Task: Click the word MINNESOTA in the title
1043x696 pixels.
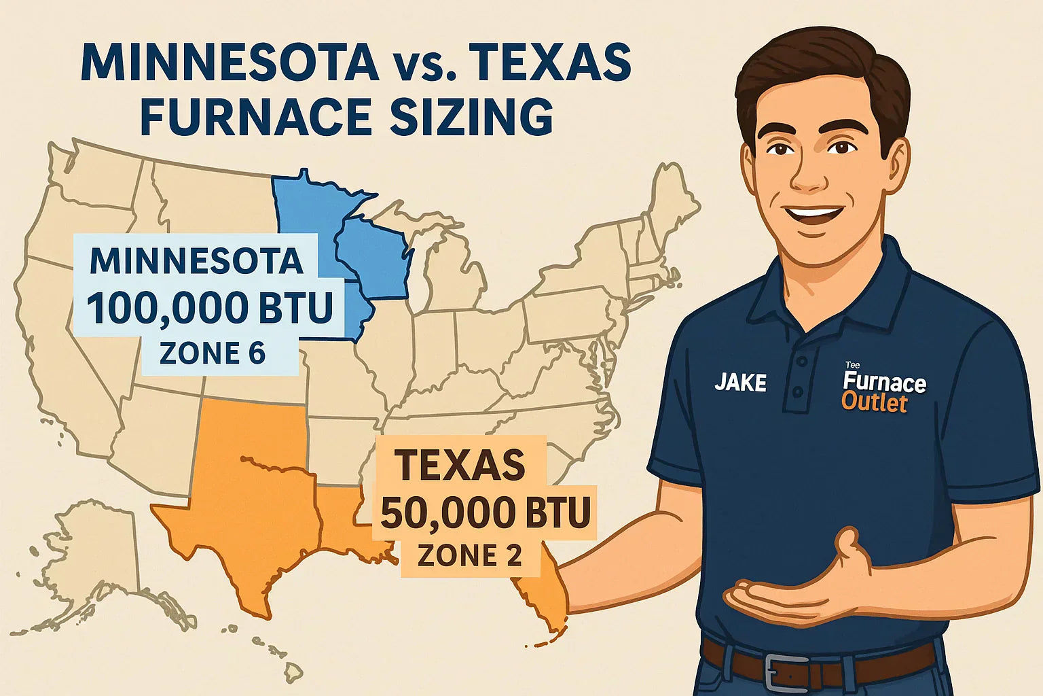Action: pyautogui.click(x=230, y=63)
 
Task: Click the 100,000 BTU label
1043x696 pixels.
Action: pyautogui.click(x=210, y=309)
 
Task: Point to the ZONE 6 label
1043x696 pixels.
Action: pyautogui.click(x=212, y=353)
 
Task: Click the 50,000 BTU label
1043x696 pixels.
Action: pyautogui.click(x=485, y=513)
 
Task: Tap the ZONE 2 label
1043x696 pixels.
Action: pyautogui.click(x=470, y=556)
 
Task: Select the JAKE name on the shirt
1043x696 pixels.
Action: pyautogui.click(x=740, y=383)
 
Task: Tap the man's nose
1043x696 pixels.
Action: pyautogui.click(x=808, y=173)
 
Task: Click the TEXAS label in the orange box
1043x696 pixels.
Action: pyautogui.click(x=460, y=465)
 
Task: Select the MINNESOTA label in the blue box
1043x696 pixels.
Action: pyautogui.click(x=196, y=262)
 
